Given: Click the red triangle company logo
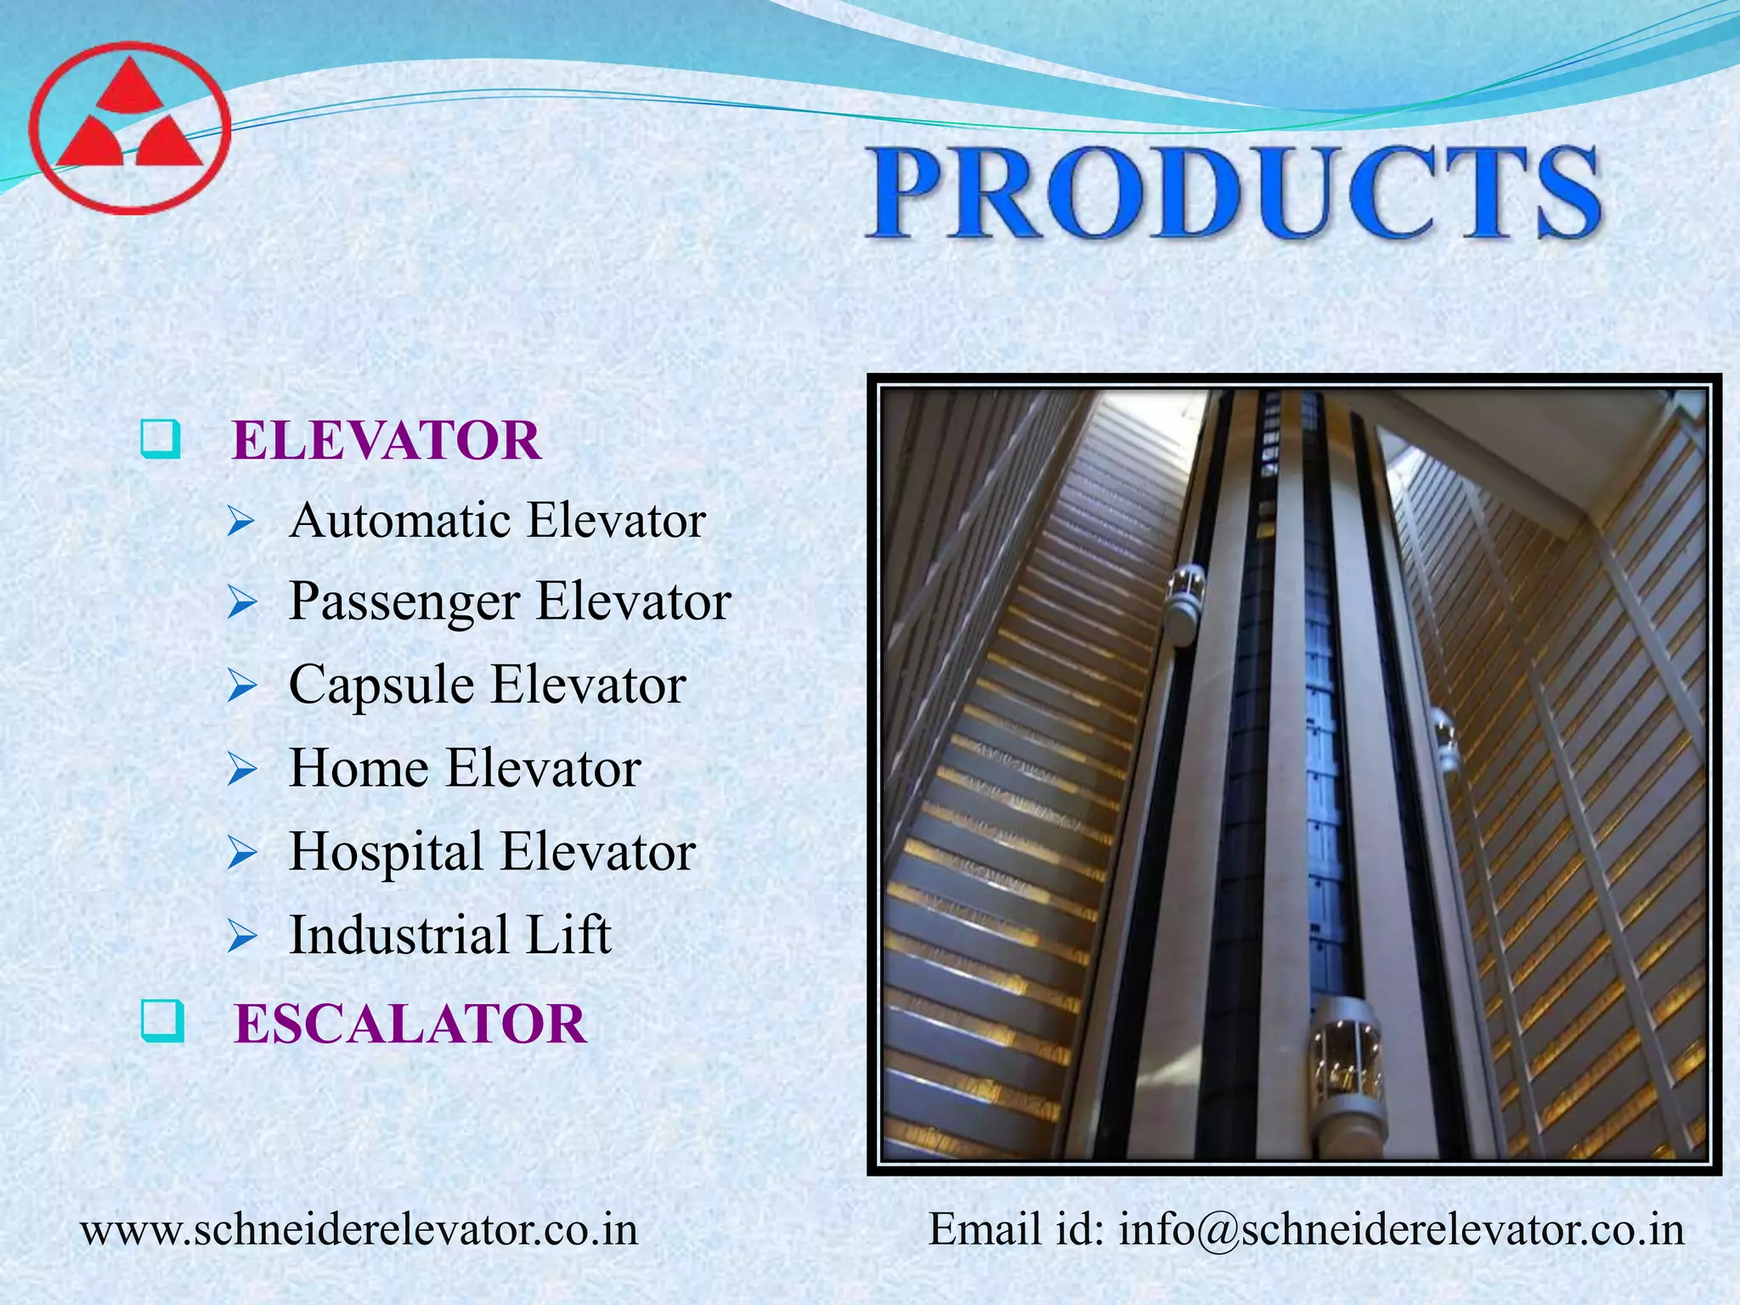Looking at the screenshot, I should pyautogui.click(x=129, y=127).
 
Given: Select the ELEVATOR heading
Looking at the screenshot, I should pyautogui.click(x=387, y=441).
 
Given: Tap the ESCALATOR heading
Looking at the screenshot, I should pyautogui.click(x=410, y=1023).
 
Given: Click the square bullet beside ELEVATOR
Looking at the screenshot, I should pyautogui.click(x=160, y=439).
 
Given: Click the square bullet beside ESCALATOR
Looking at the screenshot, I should pyautogui.click(x=161, y=1021).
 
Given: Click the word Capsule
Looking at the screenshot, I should pyautogui.click(x=381, y=685).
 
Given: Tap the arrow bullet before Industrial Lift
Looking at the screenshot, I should pyautogui.click(x=242, y=936).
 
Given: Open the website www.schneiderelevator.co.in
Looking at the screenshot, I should pyautogui.click(x=359, y=1229).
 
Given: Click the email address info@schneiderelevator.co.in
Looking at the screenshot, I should pyautogui.click(x=1401, y=1229).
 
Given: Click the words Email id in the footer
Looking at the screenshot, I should pyautogui.click(x=1015, y=1229).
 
